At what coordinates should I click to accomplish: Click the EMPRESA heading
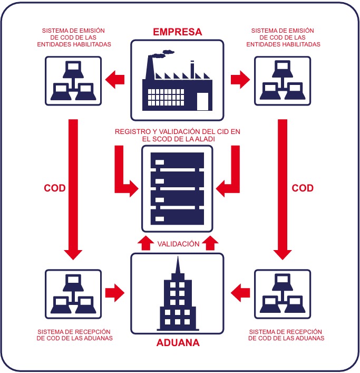(177, 32)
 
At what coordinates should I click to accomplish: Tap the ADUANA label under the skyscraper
(178, 343)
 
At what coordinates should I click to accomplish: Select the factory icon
(178, 84)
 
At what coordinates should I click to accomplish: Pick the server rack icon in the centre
(177, 187)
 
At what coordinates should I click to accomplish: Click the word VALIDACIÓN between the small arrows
(178, 244)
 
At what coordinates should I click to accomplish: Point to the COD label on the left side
(55, 188)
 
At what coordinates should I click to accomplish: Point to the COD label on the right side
(302, 188)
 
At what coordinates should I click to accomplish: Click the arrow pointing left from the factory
(115, 80)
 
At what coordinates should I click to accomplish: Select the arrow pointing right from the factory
(240, 80)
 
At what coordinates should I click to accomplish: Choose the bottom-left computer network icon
(72, 294)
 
